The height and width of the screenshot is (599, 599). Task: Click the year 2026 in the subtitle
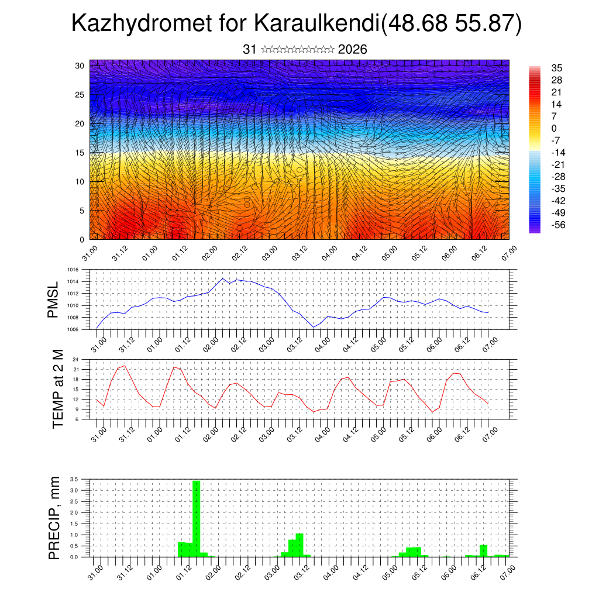(352, 50)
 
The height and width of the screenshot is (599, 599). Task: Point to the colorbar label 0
(553, 128)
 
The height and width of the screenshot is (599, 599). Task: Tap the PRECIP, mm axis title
(54, 517)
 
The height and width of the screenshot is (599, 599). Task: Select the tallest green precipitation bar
(197, 518)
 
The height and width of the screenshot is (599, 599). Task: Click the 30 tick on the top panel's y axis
(81, 66)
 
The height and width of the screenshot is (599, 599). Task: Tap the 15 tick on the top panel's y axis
(81, 153)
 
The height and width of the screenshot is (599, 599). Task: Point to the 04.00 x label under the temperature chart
(323, 433)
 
